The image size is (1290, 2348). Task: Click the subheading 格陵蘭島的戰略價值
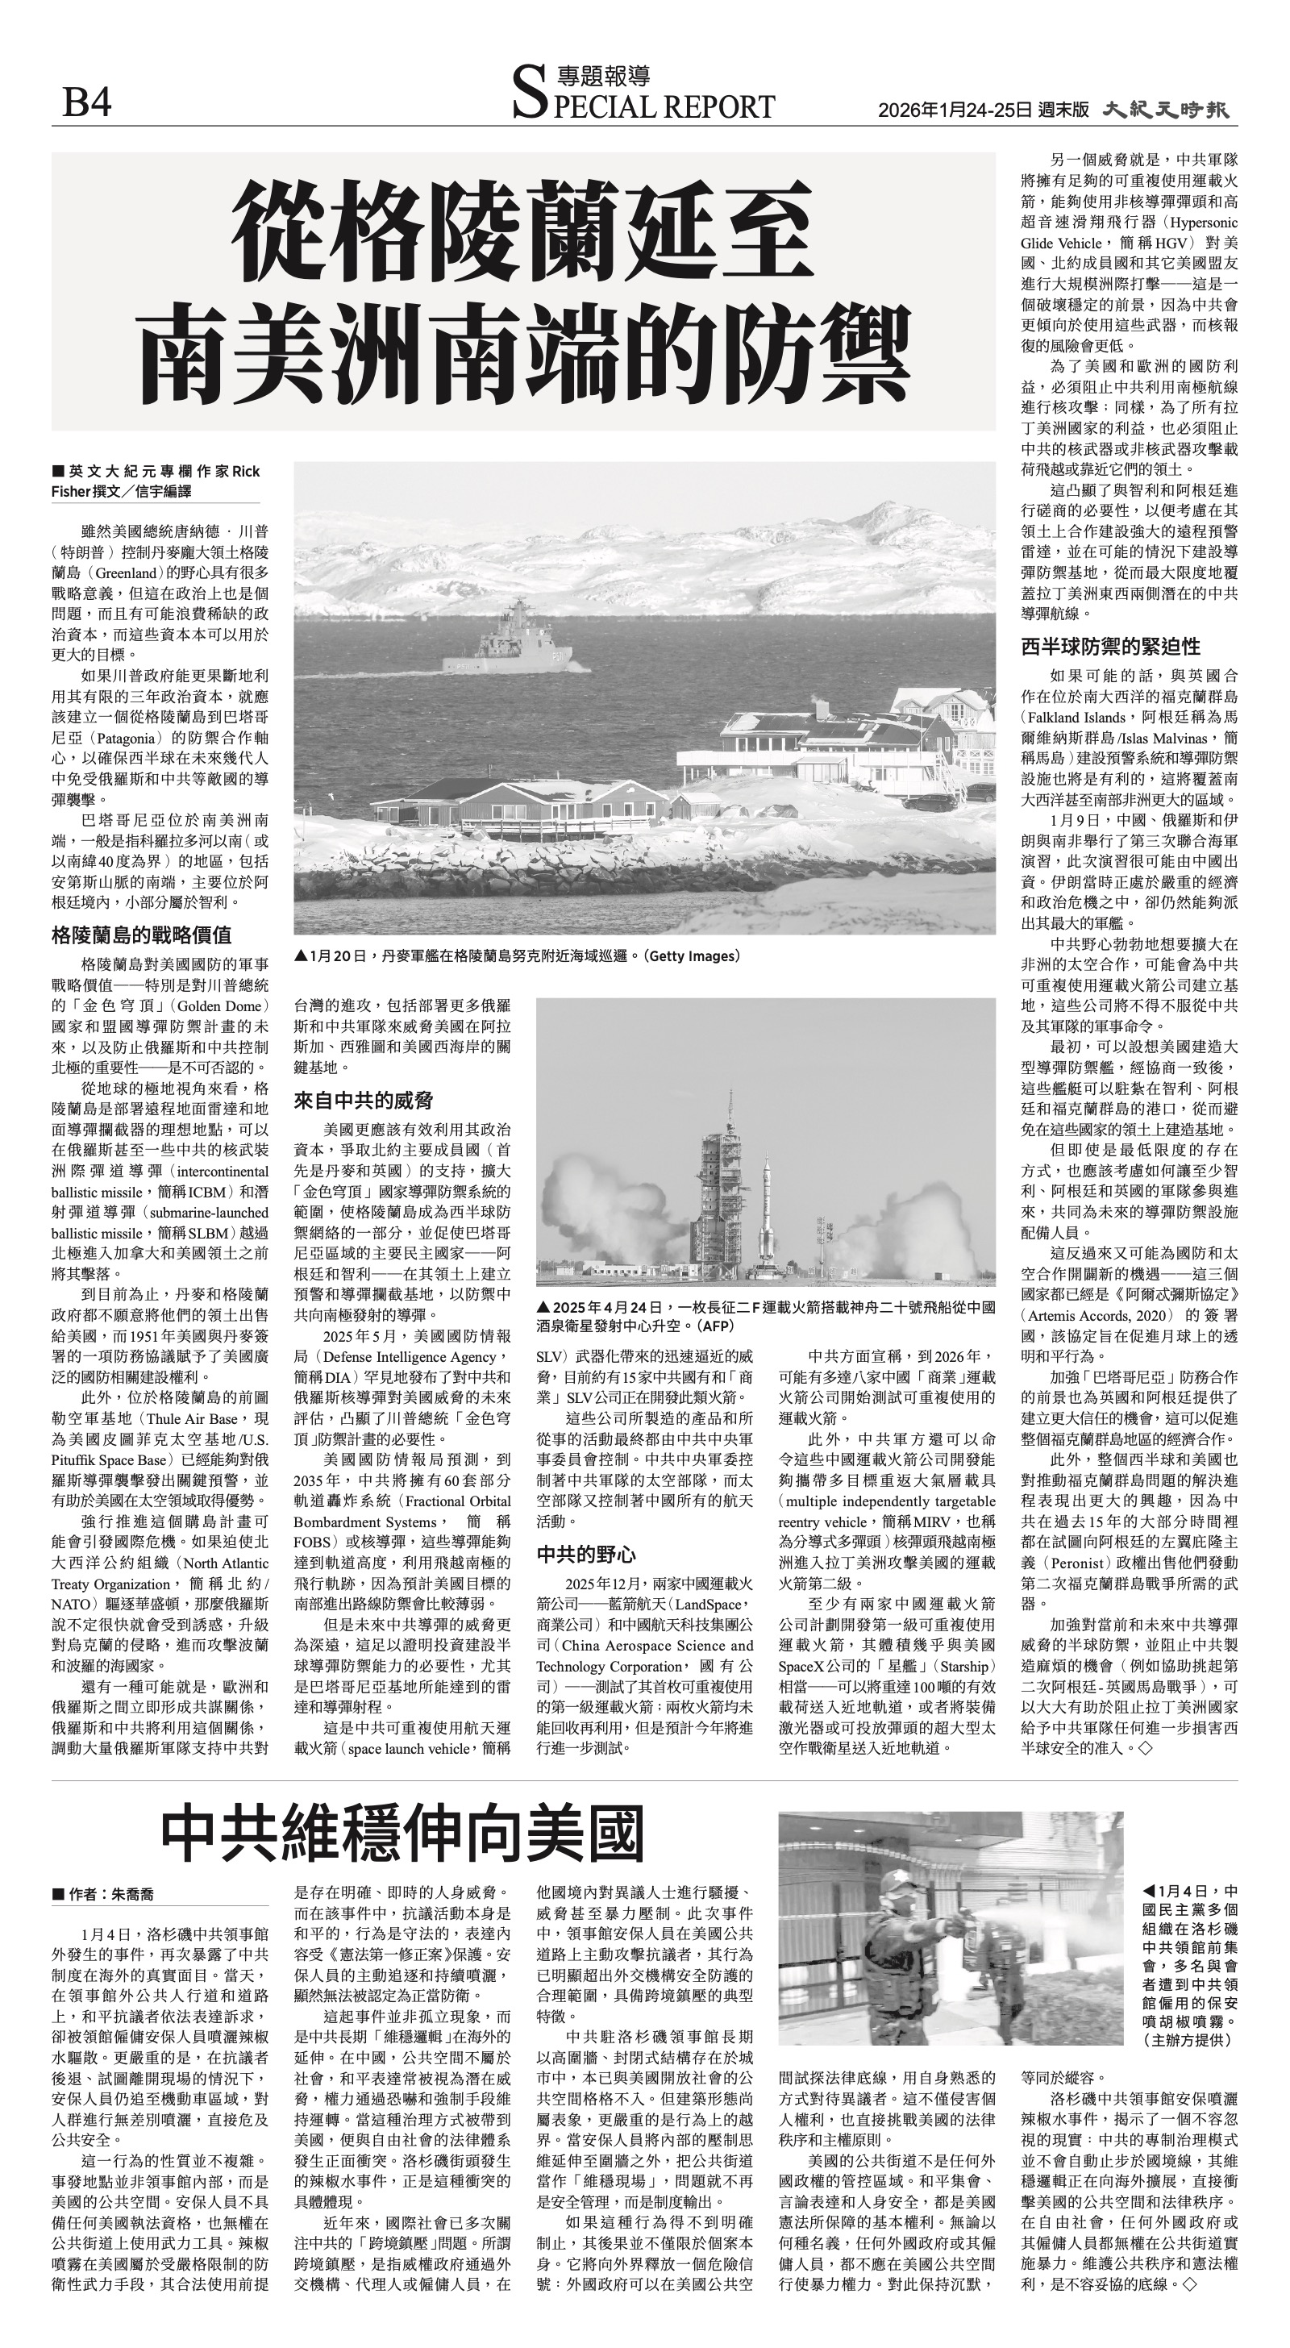pos(141,935)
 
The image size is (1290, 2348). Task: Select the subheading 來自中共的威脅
pos(363,1100)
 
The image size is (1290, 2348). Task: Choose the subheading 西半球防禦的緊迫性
pos(1110,646)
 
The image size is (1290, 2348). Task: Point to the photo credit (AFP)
pos(716,1326)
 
